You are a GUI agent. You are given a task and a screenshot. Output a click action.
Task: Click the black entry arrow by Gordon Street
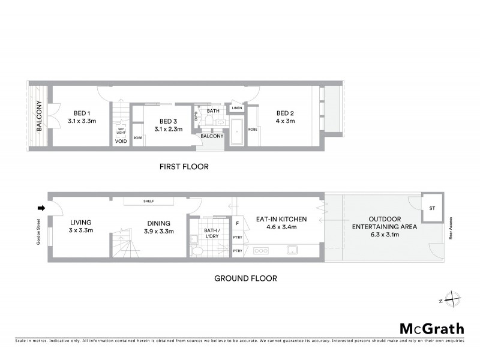41,209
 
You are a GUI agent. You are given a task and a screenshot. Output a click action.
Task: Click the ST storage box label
431,208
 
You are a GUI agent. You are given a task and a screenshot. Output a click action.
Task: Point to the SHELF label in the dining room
149,202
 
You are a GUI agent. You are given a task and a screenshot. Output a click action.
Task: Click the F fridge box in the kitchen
238,223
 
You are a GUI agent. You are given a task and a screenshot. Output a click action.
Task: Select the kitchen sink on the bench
293,249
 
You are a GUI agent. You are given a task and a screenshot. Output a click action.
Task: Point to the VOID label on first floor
120,142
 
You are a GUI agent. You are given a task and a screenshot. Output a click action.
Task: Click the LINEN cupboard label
236,109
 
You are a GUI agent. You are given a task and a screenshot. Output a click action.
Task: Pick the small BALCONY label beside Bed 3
212,136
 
